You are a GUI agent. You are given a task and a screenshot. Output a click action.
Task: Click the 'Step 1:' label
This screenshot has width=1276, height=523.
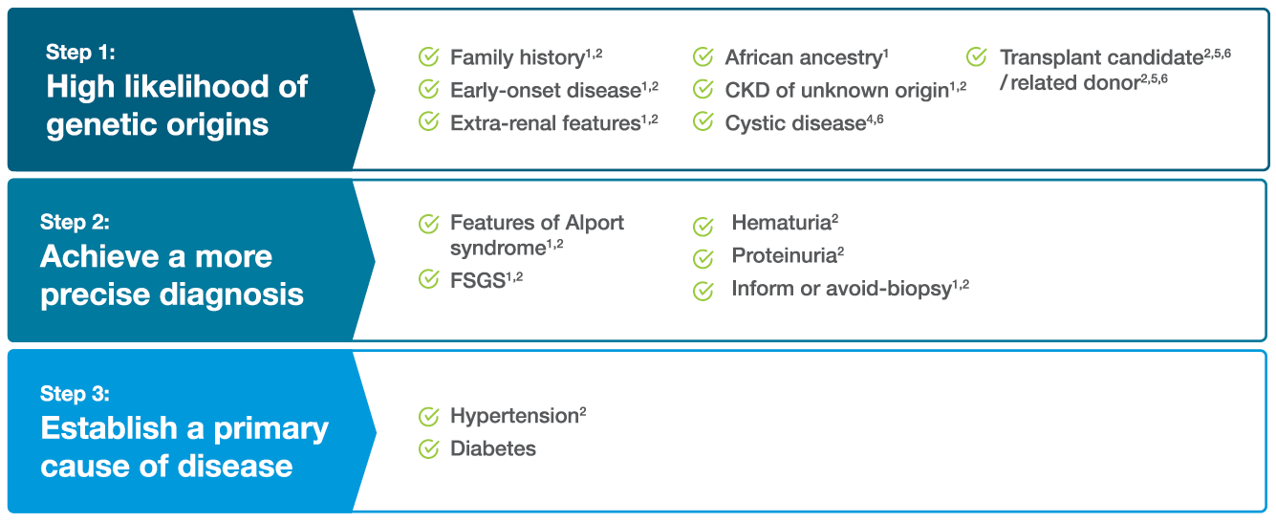coord(80,53)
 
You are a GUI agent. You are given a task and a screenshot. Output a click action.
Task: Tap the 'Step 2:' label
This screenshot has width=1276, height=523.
coord(75,222)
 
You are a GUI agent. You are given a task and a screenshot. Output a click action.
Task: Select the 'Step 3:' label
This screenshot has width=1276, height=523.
coord(75,394)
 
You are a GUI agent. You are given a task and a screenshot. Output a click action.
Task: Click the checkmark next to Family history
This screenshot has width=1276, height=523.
coord(429,57)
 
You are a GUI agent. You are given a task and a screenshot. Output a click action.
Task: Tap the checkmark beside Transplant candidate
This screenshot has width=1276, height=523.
coord(977,57)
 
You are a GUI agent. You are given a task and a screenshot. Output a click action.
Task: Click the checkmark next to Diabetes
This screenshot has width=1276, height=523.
coord(429,449)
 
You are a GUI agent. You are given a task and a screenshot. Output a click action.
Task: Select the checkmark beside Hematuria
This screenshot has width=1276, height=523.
coord(703,227)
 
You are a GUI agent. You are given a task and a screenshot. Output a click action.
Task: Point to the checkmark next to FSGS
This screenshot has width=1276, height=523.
coord(429,279)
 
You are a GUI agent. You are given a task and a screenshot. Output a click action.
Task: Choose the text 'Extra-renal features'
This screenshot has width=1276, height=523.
coord(545,123)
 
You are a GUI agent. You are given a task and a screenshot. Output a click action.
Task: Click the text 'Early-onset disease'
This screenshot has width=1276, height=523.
coord(546,90)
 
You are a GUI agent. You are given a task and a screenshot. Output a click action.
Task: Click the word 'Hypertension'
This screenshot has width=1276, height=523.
coord(515,416)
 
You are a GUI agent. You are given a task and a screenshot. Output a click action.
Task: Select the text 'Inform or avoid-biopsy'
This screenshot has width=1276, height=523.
coord(841,289)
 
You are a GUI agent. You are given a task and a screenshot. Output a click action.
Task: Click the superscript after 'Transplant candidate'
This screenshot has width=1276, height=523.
coord(1218,53)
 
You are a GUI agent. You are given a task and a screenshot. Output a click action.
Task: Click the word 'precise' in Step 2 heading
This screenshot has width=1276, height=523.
coord(96,295)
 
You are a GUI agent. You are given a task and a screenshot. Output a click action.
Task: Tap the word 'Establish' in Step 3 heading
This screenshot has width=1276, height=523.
coord(109,427)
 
